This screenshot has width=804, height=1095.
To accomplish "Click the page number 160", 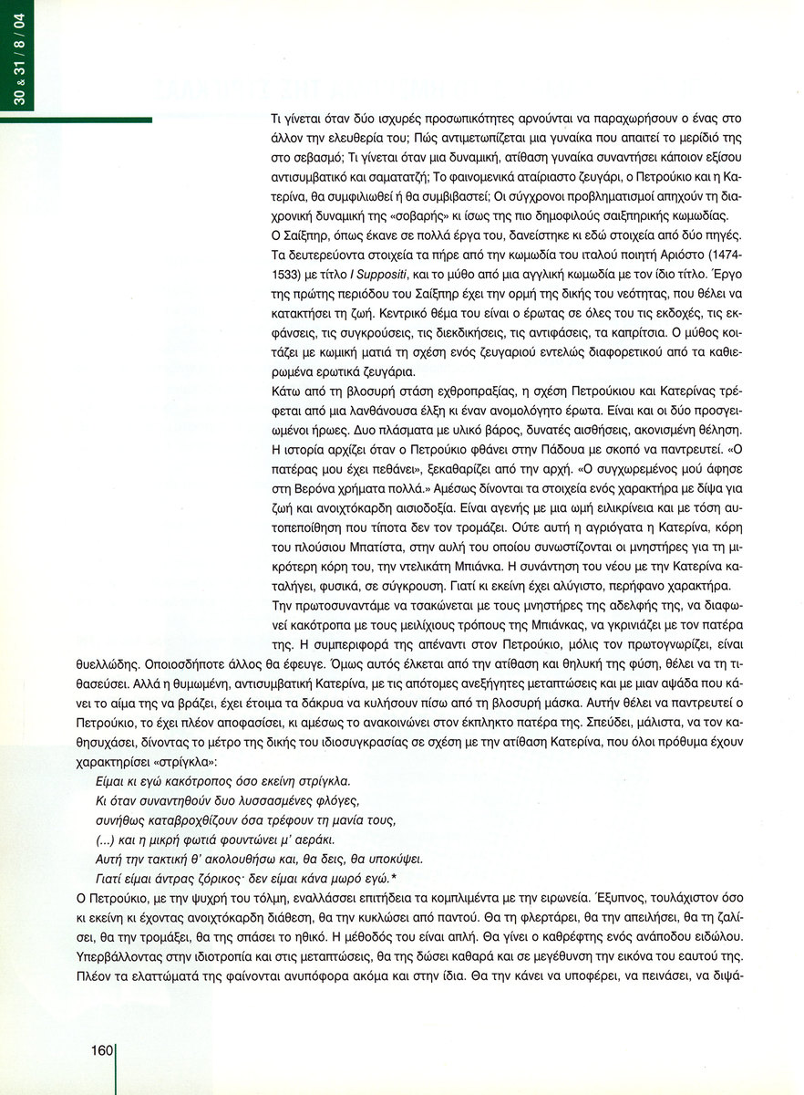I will (x=100, y=1050).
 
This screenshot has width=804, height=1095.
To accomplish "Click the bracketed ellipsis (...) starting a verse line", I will (x=109, y=839).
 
